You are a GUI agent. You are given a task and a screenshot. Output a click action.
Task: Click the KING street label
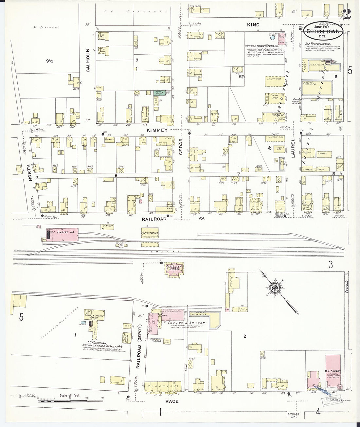click(253, 25)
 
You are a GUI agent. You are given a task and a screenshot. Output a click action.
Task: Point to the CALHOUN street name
click(88, 61)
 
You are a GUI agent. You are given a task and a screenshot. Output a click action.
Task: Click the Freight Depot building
click(150, 233)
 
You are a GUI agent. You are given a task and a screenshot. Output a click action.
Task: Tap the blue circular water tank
click(272, 38)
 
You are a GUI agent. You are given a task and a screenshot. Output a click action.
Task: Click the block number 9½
click(49, 61)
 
